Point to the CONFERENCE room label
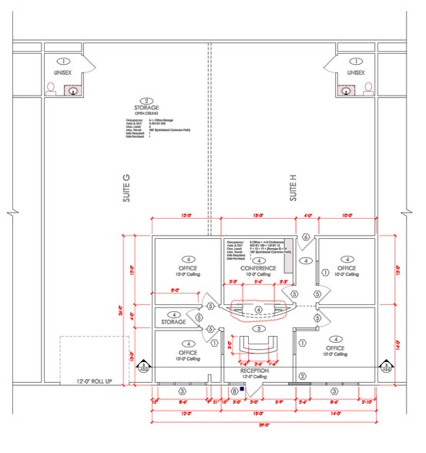coord(257,267)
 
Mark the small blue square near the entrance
coord(242,390)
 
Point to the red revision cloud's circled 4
coord(259,310)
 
